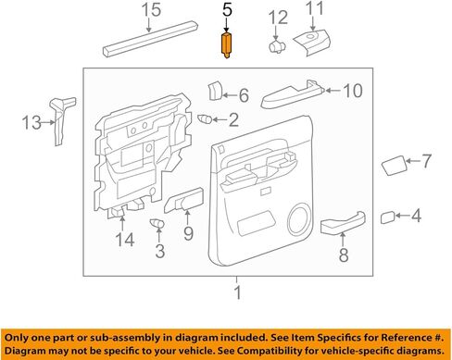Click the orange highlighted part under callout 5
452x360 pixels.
(226, 45)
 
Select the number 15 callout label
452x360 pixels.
(151, 10)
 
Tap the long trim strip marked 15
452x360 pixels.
(150, 39)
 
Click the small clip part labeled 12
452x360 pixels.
(277, 46)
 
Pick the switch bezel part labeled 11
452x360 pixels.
(312, 43)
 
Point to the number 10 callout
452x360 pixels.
(353, 91)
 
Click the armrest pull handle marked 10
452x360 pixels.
(293, 94)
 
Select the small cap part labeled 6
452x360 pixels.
(215, 91)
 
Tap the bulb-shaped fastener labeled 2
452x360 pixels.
(205, 118)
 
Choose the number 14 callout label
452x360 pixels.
(125, 240)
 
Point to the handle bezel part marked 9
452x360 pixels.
(184, 200)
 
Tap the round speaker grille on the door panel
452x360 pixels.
(298, 219)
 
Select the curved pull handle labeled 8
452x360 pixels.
(343, 222)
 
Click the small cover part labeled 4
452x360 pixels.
(387, 217)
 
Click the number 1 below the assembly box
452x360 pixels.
(237, 292)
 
